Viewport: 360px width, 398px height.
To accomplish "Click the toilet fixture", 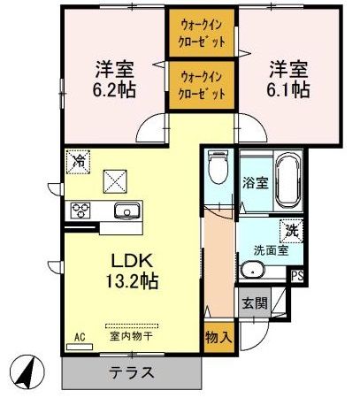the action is tap(218, 167).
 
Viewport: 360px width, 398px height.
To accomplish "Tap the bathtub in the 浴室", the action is tap(287, 180).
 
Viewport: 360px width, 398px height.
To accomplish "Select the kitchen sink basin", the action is tap(126, 211).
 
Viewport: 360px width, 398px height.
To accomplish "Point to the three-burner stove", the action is tap(80, 210).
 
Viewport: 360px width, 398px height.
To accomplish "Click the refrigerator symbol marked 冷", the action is tap(78, 162).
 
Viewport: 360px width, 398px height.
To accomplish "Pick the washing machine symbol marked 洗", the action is tap(292, 231).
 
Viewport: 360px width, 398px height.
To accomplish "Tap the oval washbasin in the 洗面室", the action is tap(253, 270).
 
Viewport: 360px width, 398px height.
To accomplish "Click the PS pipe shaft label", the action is tap(297, 277).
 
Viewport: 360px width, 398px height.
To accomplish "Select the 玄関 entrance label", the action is tap(255, 302).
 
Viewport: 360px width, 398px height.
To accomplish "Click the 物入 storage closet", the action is tap(219, 337).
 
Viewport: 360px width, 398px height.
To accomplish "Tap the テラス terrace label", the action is tap(132, 372).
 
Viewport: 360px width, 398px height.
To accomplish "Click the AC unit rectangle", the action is tap(80, 347).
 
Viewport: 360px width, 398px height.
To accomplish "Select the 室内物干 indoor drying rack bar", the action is tap(132, 326).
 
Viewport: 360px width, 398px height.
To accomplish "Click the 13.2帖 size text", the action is tap(132, 281).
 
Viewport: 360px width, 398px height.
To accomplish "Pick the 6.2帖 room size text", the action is tap(114, 90).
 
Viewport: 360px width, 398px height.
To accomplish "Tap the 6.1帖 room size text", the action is tap(288, 90).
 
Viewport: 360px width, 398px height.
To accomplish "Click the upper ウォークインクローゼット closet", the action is tap(202, 33).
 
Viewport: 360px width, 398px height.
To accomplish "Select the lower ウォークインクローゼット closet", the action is tap(202, 85).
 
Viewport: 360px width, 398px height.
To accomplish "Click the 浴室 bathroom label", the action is tap(256, 183).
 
